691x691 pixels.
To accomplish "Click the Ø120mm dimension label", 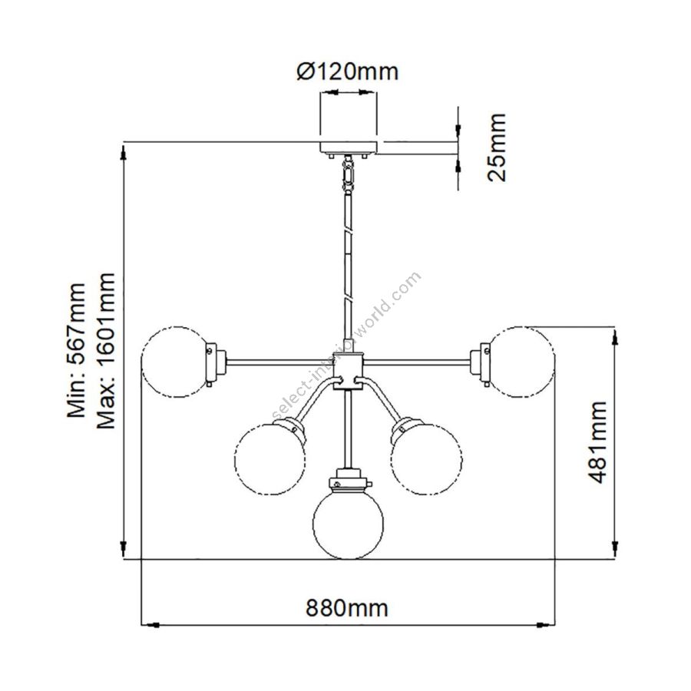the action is [348, 71].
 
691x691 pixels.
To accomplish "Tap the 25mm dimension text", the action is [497, 147].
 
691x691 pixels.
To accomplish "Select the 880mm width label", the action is [347, 608].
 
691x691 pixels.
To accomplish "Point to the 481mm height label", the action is [597, 442].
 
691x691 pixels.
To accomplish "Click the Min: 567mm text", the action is [76, 350].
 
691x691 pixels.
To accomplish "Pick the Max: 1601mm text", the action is [106, 351].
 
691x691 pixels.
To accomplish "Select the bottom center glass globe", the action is [348, 524].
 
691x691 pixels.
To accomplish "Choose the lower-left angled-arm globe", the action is [269, 459].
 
